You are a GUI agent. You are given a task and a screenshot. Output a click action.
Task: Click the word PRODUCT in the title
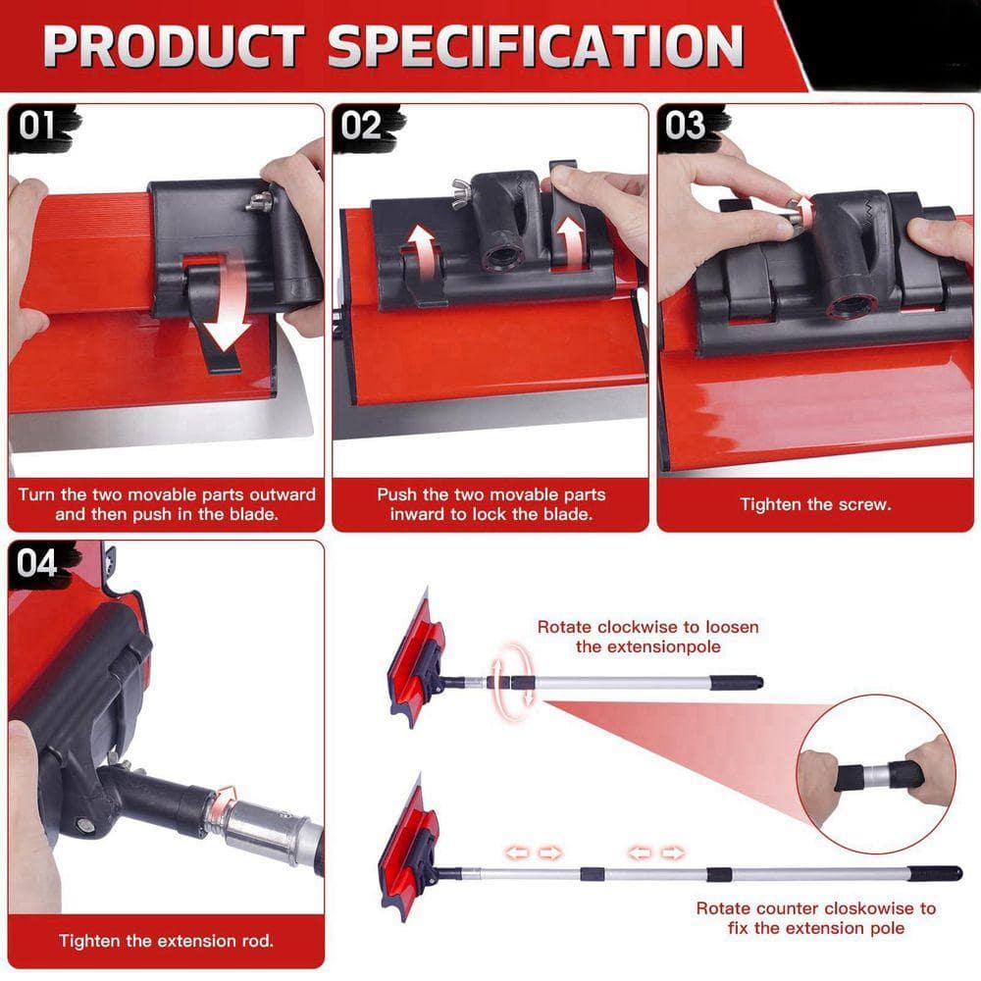(x=174, y=46)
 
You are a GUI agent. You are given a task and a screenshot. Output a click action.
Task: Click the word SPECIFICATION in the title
(x=536, y=46)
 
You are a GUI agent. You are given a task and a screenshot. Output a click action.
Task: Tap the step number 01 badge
(x=37, y=126)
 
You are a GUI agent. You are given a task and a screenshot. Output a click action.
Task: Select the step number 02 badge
(x=362, y=126)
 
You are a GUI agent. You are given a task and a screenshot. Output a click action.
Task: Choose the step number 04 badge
(x=37, y=563)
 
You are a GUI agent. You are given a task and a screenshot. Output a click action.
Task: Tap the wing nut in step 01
(x=259, y=201)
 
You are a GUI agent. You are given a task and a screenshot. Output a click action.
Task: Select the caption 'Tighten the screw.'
(x=815, y=504)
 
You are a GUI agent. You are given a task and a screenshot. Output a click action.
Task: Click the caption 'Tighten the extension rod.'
(x=167, y=941)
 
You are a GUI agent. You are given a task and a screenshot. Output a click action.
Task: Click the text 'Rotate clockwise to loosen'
(x=648, y=627)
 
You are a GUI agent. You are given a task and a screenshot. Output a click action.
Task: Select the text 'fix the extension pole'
(x=816, y=928)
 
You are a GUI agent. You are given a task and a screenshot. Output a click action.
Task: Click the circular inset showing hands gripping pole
(x=876, y=774)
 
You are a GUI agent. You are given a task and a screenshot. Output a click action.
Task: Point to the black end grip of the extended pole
(x=935, y=872)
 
